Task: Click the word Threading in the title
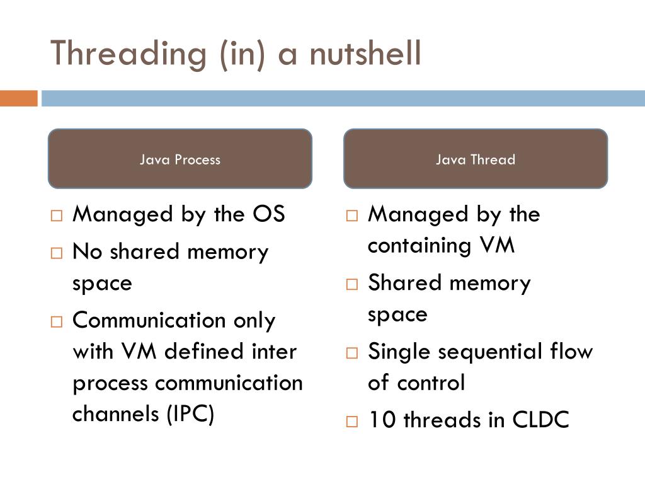(x=128, y=54)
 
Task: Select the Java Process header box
(x=180, y=159)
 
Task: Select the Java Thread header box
(x=476, y=159)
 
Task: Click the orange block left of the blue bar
(x=18, y=98)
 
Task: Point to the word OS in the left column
(x=269, y=214)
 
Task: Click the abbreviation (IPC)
(x=190, y=414)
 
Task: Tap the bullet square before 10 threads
(x=351, y=421)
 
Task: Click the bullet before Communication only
(x=57, y=321)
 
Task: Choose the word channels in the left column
(x=117, y=414)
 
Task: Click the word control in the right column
(x=435, y=383)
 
